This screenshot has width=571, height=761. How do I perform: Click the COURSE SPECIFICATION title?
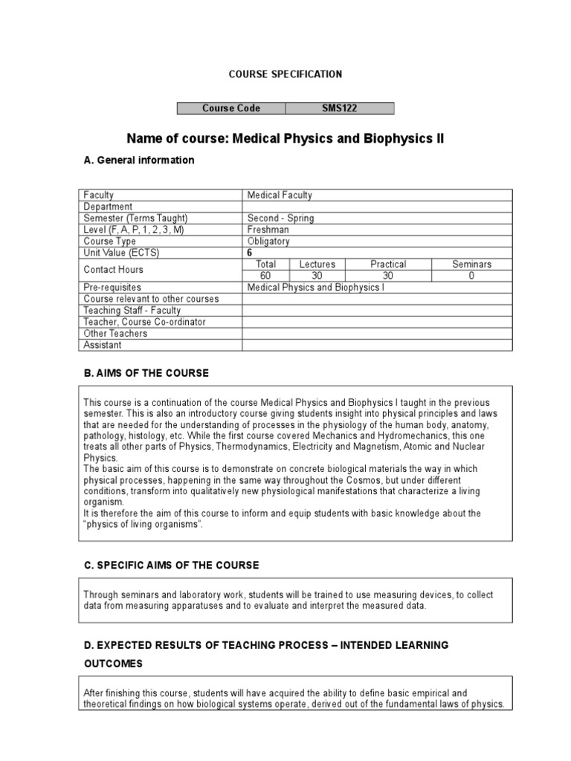[285, 74]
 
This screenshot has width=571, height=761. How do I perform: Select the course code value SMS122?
[339, 109]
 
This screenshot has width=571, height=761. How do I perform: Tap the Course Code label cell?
[230, 109]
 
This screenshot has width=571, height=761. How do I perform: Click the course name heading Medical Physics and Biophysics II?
[285, 139]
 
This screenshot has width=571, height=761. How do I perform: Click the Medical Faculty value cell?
[280, 195]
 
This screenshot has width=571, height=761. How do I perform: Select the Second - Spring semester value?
[280, 218]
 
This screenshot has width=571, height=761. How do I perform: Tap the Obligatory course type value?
[268, 241]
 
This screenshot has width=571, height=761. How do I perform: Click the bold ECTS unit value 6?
[251, 253]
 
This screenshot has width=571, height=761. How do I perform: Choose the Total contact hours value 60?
[265, 276]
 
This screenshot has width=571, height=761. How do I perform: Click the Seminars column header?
[471, 264]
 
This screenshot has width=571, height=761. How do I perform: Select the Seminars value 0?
[471, 276]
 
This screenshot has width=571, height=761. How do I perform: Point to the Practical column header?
[387, 264]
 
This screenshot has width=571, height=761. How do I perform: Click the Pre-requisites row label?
[112, 287]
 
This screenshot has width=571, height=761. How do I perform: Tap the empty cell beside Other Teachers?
[377, 333]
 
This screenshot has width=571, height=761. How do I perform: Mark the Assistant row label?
[103, 345]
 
